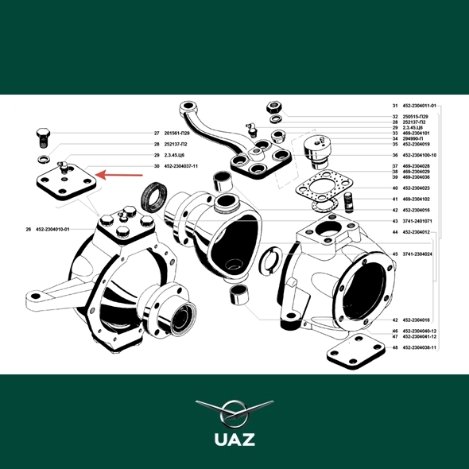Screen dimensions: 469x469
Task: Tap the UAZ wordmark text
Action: [234, 440]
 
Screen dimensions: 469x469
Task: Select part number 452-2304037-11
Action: [181, 166]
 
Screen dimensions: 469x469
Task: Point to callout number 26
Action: [29, 230]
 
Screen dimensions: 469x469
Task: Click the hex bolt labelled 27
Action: [43, 138]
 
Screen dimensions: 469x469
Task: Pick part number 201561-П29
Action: [176, 134]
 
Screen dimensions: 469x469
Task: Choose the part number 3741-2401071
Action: [417, 221]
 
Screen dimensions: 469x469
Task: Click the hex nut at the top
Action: [273, 107]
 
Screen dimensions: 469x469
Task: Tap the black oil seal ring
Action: [153, 197]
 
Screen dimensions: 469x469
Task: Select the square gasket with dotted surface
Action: [324, 188]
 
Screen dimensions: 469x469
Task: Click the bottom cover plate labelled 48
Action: [355, 351]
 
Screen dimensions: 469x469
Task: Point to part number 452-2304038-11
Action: [420, 348]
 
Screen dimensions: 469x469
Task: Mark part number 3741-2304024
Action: [417, 254]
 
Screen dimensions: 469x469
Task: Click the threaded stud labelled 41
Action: [349, 203]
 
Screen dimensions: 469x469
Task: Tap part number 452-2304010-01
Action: [52, 230]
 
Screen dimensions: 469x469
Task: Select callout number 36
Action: [395, 156]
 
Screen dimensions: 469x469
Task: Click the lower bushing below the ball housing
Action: [238, 295]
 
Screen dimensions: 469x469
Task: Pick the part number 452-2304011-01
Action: [420, 106]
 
